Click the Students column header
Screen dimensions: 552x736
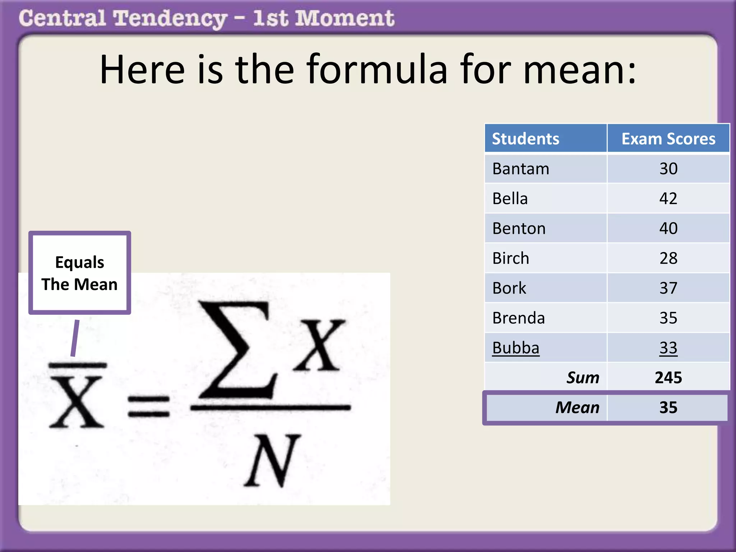click(525, 139)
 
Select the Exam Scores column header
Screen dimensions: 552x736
click(668, 139)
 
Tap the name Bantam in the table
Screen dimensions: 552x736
click(521, 169)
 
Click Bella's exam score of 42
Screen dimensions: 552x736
click(668, 198)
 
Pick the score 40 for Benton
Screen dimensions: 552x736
click(668, 228)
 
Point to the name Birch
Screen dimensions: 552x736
click(511, 258)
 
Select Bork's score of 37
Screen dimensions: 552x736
click(668, 288)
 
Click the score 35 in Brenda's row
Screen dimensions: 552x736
click(668, 318)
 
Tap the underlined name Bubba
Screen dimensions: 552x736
click(516, 348)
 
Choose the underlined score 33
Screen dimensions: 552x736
click(668, 348)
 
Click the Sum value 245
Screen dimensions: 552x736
click(668, 377)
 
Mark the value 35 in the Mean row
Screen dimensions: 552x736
click(668, 408)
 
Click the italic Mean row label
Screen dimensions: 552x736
click(577, 408)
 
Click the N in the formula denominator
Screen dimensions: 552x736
click(272, 461)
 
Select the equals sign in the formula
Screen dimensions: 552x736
click(148, 406)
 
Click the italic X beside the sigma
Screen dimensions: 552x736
click(319, 345)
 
